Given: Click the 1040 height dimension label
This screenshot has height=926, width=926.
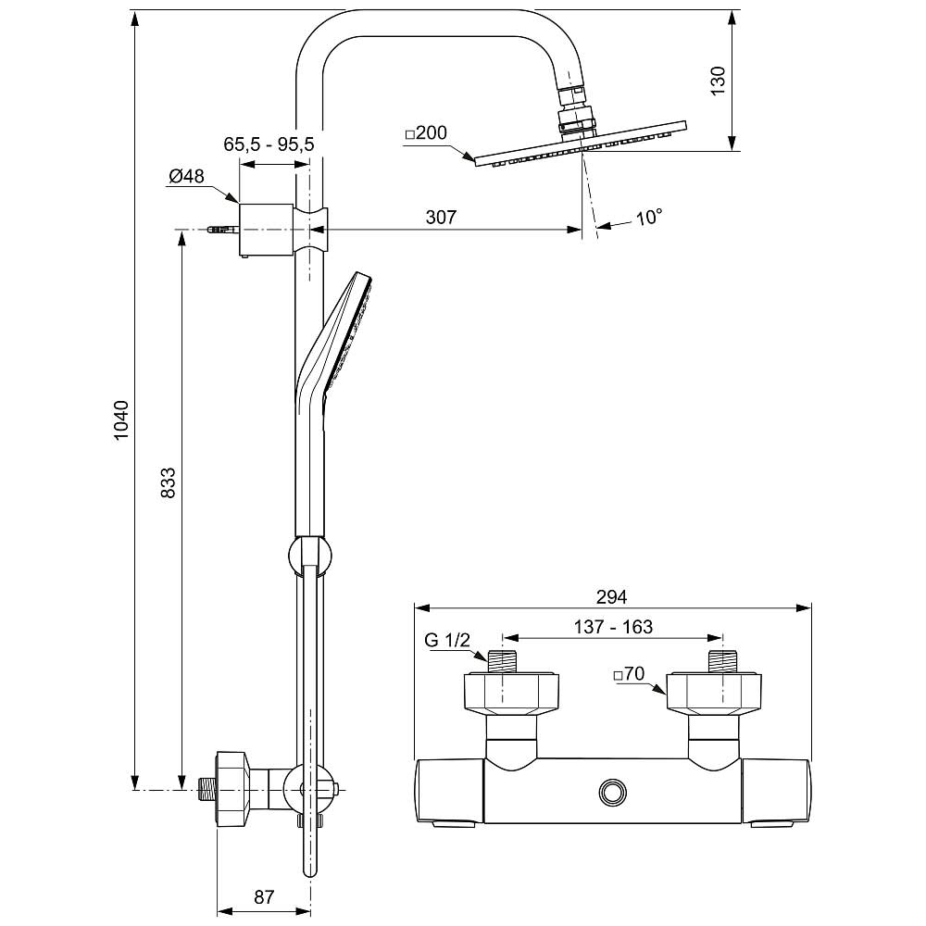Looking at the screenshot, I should pos(121,421).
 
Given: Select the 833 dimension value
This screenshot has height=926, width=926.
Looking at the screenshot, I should pos(169,482).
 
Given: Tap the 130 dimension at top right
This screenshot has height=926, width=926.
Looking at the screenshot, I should pos(718,81).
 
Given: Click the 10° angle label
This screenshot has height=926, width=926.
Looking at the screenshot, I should pos(649,219).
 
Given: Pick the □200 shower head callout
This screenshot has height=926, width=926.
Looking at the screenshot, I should pos(426,133).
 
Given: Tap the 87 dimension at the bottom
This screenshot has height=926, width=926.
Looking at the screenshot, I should pos(265,896).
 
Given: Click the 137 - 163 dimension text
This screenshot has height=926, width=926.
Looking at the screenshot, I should pos(612,627).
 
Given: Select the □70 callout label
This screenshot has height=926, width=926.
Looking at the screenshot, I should pos(629,675).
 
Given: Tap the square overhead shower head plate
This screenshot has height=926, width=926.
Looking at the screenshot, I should pos(582,144).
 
